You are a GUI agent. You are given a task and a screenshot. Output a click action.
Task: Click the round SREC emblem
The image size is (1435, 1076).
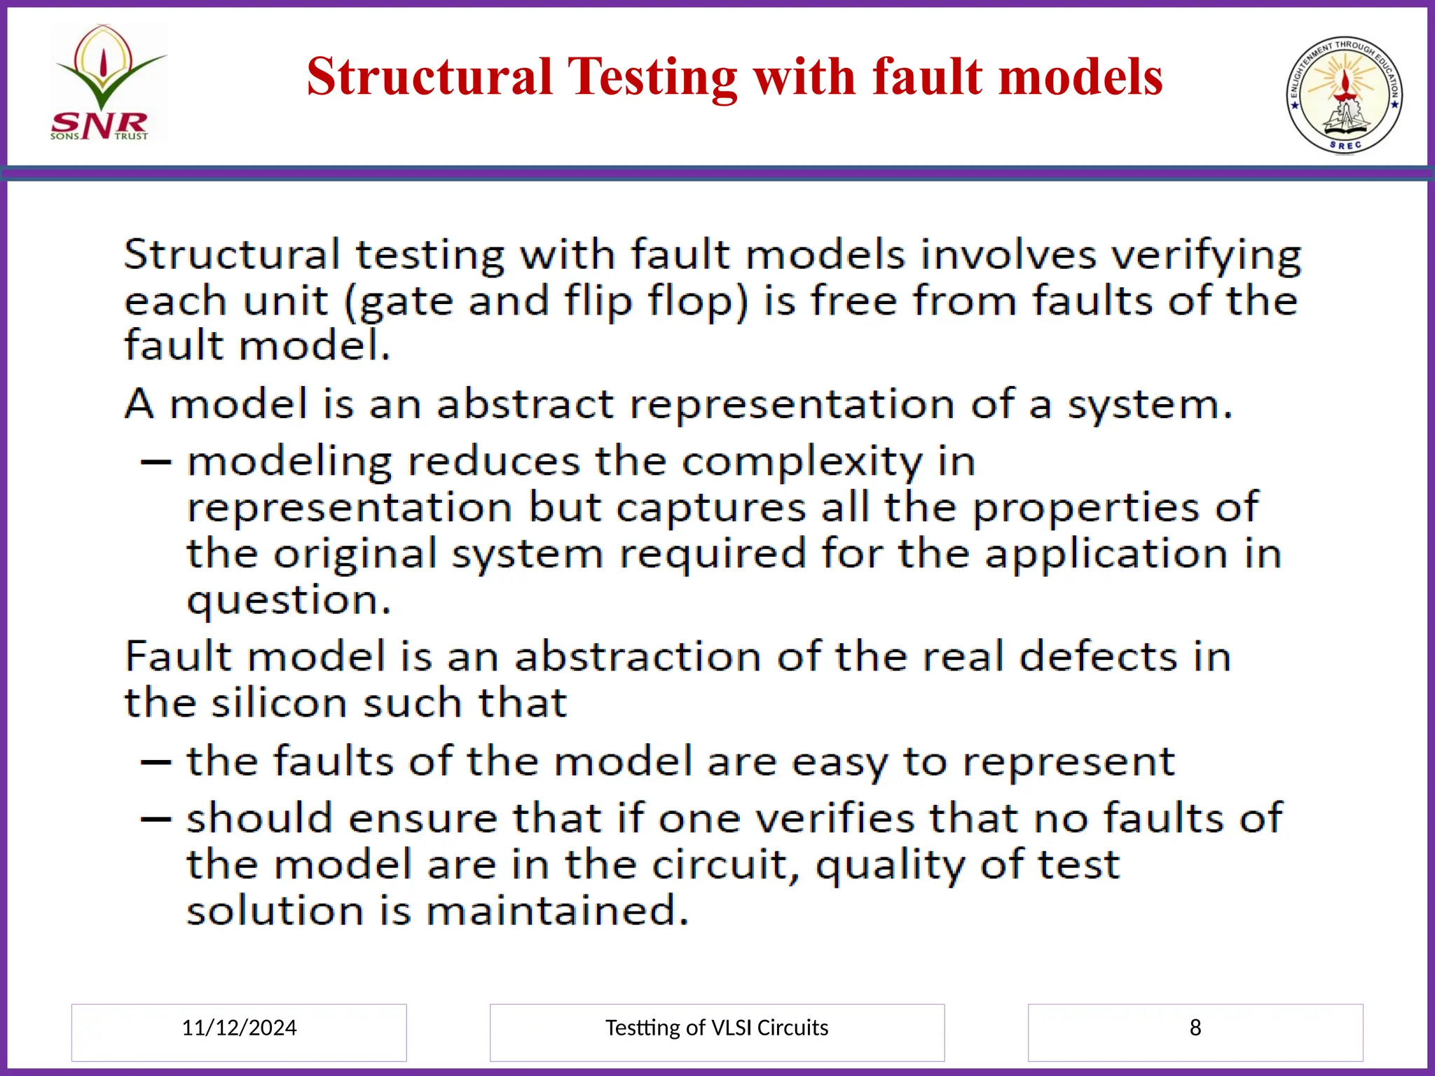tap(1344, 95)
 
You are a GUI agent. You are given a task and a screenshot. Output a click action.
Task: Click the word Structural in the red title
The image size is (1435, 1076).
tap(430, 76)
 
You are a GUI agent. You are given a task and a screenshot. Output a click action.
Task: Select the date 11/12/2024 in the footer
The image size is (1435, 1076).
tap(239, 1028)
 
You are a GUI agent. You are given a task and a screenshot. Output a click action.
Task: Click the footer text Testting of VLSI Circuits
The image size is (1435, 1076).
tap(716, 1028)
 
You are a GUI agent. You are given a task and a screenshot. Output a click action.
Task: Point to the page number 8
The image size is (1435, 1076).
tap(1195, 1028)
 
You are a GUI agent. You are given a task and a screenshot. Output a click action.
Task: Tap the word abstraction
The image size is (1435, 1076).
tap(638, 657)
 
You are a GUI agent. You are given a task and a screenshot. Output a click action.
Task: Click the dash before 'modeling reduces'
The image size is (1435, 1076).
tap(156, 462)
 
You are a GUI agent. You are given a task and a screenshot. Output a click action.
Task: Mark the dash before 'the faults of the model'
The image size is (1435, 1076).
tap(156, 762)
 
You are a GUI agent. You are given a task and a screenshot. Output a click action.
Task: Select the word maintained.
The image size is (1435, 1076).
tap(558, 911)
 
